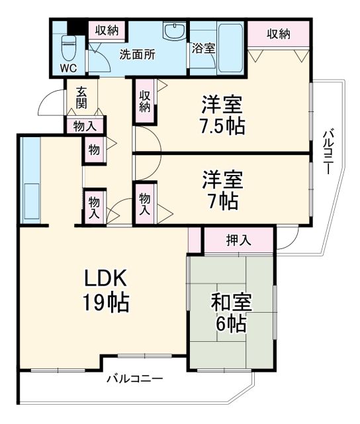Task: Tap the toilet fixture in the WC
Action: [68, 46]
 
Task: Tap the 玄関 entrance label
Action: [81, 99]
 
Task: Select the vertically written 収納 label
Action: [145, 101]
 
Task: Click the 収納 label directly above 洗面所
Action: [106, 30]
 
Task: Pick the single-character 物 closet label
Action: [94, 150]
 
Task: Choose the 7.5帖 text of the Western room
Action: [222, 125]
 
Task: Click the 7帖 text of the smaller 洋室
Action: [222, 200]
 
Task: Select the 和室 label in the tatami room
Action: [229, 301]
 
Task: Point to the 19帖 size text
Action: [105, 303]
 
